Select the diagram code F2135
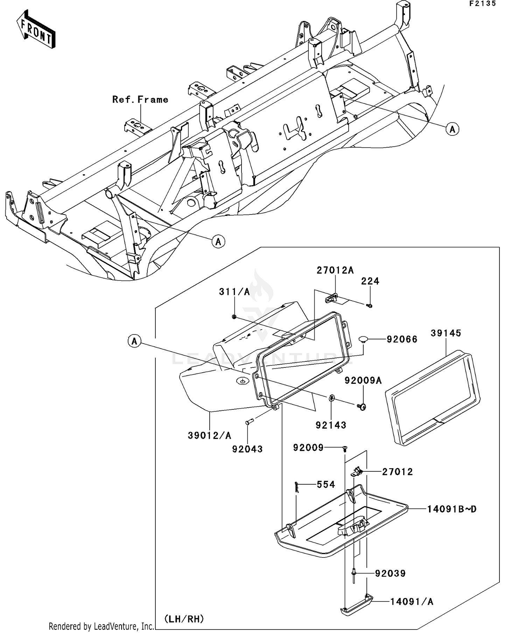pos(483,4)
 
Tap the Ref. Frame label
pos(140,100)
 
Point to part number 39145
pos(446,333)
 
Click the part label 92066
pos(402,339)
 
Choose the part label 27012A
pos(335,270)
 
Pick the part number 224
pos(370,281)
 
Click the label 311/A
pos(234,292)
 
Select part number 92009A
pos(363,380)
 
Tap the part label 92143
pos(331,425)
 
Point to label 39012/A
pos(209,436)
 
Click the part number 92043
pos(247,449)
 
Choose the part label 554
pos(325,485)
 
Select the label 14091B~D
pos(451,509)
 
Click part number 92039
pos(390,574)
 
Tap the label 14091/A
pos(412,602)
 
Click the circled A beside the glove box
pos(134,341)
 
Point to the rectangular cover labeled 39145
pos(433,397)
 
